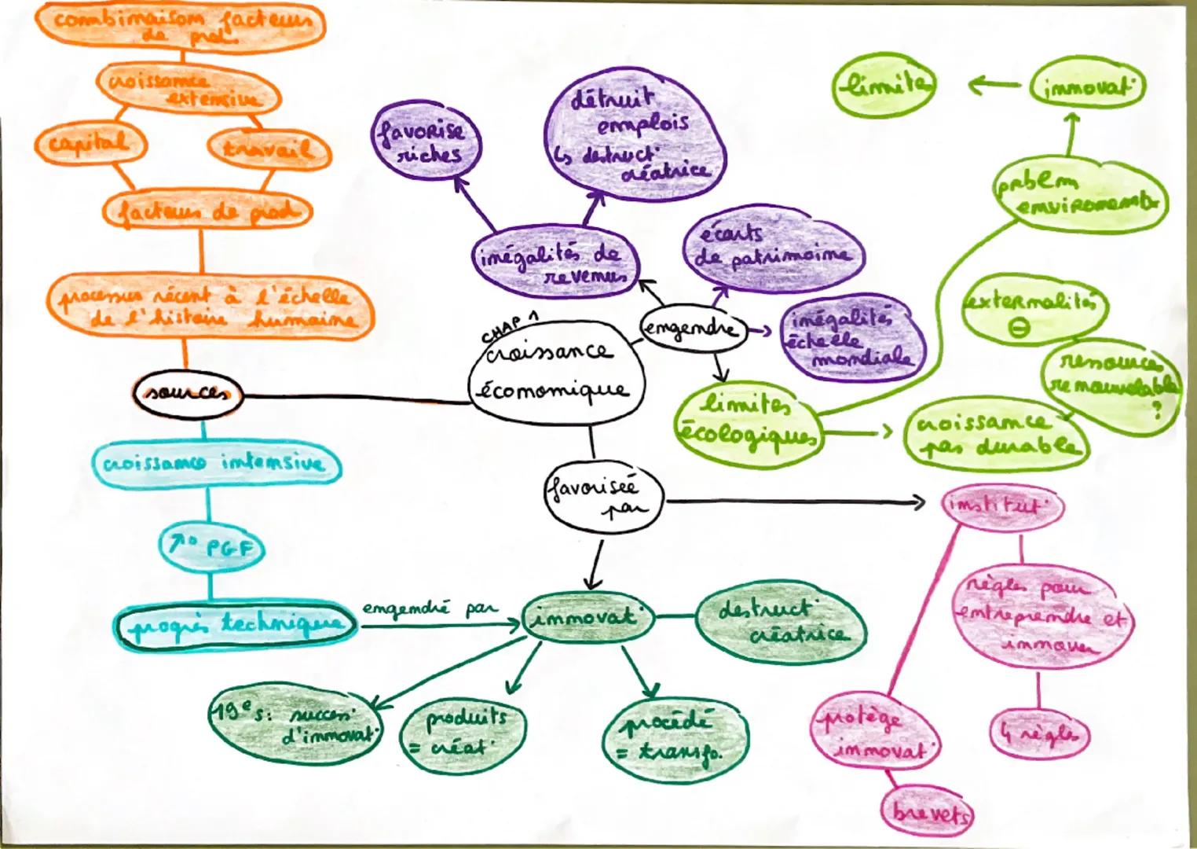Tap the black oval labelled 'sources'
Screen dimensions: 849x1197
[187, 395]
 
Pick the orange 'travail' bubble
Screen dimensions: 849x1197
[268, 149]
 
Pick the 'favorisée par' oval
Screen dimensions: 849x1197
[602, 498]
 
